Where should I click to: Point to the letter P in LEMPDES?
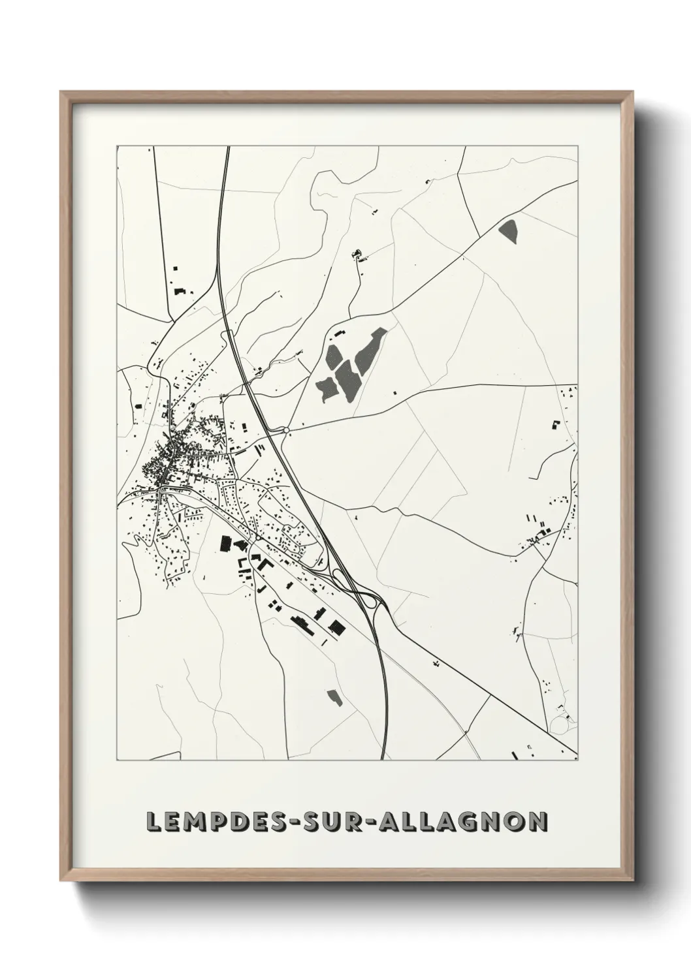(x=216, y=821)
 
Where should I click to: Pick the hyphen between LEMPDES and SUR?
(x=291, y=822)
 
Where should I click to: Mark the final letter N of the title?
(x=537, y=821)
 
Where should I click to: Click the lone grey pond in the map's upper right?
(x=508, y=230)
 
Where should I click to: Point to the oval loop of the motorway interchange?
(x=339, y=576)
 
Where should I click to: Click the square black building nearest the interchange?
(x=336, y=628)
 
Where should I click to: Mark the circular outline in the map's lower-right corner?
(x=560, y=724)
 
